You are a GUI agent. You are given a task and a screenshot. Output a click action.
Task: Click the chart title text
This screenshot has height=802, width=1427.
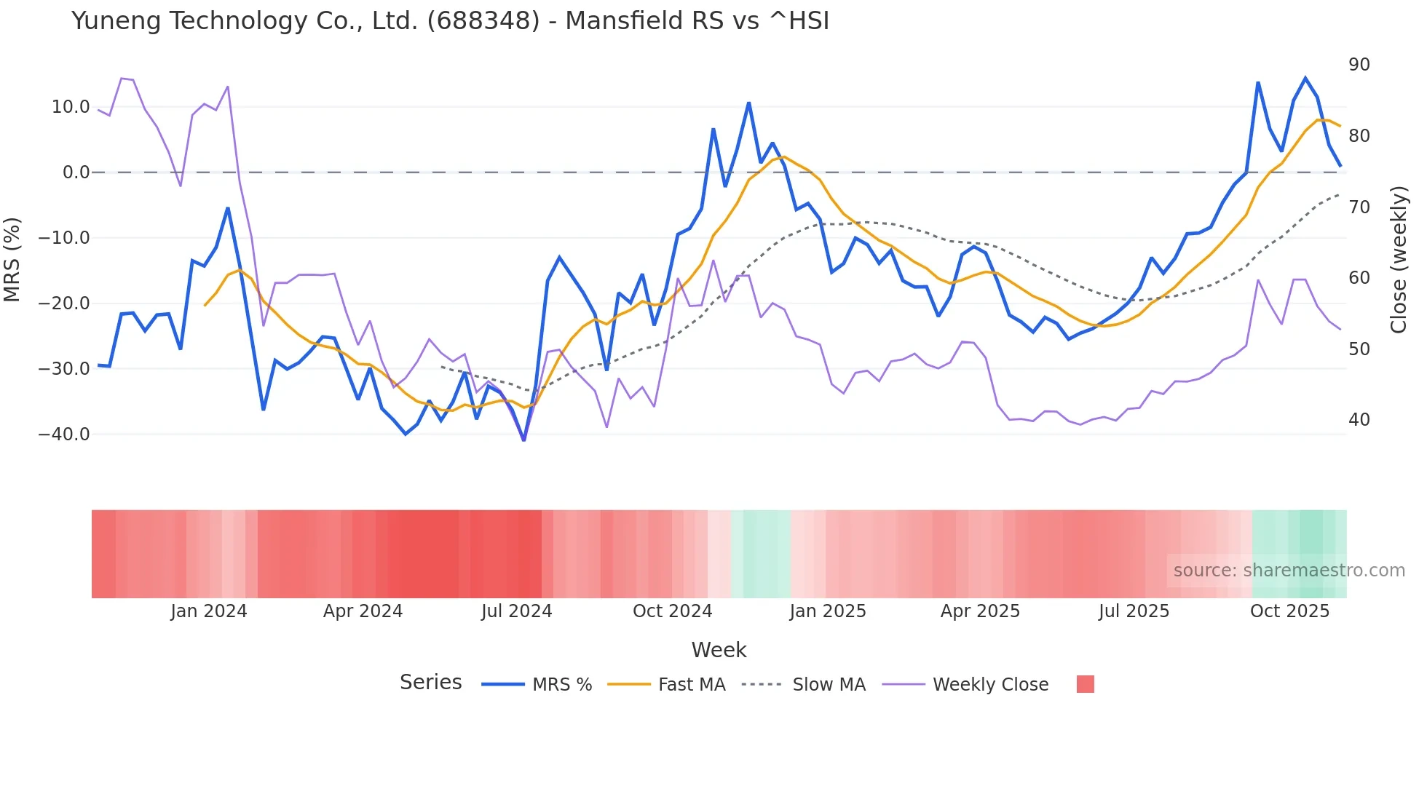point(450,20)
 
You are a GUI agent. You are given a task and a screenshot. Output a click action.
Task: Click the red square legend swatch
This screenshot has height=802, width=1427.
point(1085,684)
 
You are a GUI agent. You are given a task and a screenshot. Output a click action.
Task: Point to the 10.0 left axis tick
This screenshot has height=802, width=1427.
point(71,107)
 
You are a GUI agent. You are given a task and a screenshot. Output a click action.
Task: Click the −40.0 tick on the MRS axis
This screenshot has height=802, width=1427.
point(64,434)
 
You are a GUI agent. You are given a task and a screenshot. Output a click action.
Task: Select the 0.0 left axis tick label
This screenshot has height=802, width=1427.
point(76,172)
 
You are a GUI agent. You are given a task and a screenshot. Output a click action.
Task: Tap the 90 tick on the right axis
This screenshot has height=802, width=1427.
point(1359,65)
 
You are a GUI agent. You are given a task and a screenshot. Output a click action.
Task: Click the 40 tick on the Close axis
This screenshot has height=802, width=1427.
point(1359,420)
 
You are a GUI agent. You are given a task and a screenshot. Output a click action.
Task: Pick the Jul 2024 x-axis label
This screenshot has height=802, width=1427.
point(516,611)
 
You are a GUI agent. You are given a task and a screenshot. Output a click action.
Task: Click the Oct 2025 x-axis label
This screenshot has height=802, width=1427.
point(1289,611)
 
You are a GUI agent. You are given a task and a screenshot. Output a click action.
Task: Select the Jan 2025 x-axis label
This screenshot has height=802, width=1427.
point(828,611)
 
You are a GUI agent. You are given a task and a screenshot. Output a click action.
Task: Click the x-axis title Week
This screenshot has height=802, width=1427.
point(719,650)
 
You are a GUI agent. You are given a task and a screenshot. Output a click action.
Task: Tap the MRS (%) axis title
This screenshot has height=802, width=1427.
point(12,260)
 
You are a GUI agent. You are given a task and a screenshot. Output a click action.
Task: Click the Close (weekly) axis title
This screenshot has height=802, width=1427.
point(1398,260)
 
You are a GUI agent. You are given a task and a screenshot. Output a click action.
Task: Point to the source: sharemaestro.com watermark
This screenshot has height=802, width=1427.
point(1289,571)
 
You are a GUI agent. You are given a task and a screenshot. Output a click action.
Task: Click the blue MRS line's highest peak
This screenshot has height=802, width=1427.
point(1305,78)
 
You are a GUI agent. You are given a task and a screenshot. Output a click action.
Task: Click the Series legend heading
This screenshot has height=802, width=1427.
point(430,683)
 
